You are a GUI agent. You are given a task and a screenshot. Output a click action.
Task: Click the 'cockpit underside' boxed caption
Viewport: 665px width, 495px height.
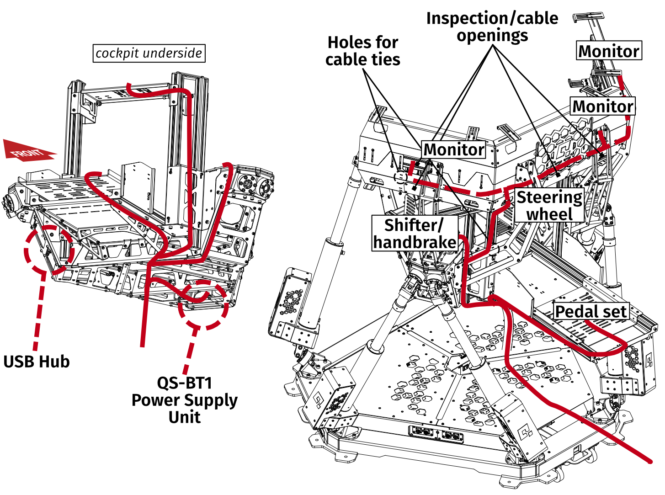[x=149, y=53]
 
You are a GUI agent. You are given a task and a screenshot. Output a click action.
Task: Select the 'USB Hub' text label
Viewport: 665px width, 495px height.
[x=37, y=361]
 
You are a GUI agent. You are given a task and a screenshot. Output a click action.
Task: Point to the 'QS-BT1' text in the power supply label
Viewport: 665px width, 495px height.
[x=184, y=383]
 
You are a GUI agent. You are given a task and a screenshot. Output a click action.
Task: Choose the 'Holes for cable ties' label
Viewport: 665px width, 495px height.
[x=362, y=51]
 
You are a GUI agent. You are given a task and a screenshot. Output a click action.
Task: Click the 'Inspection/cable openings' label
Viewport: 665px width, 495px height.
[x=492, y=27]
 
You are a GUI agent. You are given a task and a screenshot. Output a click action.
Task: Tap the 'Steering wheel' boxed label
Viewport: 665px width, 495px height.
[x=549, y=205]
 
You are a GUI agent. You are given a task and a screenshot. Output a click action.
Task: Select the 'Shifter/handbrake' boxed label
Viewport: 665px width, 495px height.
[x=415, y=234]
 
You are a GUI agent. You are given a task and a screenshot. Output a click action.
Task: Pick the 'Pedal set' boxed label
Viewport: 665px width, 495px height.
[x=591, y=311]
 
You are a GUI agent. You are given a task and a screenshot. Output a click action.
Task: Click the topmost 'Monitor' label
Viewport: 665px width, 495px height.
[x=608, y=51]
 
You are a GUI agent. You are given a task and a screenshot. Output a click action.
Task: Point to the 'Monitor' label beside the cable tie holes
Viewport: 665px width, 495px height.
[x=453, y=149]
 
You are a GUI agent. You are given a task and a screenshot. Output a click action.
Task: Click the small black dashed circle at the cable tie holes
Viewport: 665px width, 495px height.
[x=400, y=176]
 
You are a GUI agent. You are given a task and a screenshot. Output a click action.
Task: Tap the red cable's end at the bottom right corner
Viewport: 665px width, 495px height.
[x=649, y=460]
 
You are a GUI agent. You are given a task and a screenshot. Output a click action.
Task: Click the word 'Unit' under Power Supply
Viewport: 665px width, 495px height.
[x=184, y=417]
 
